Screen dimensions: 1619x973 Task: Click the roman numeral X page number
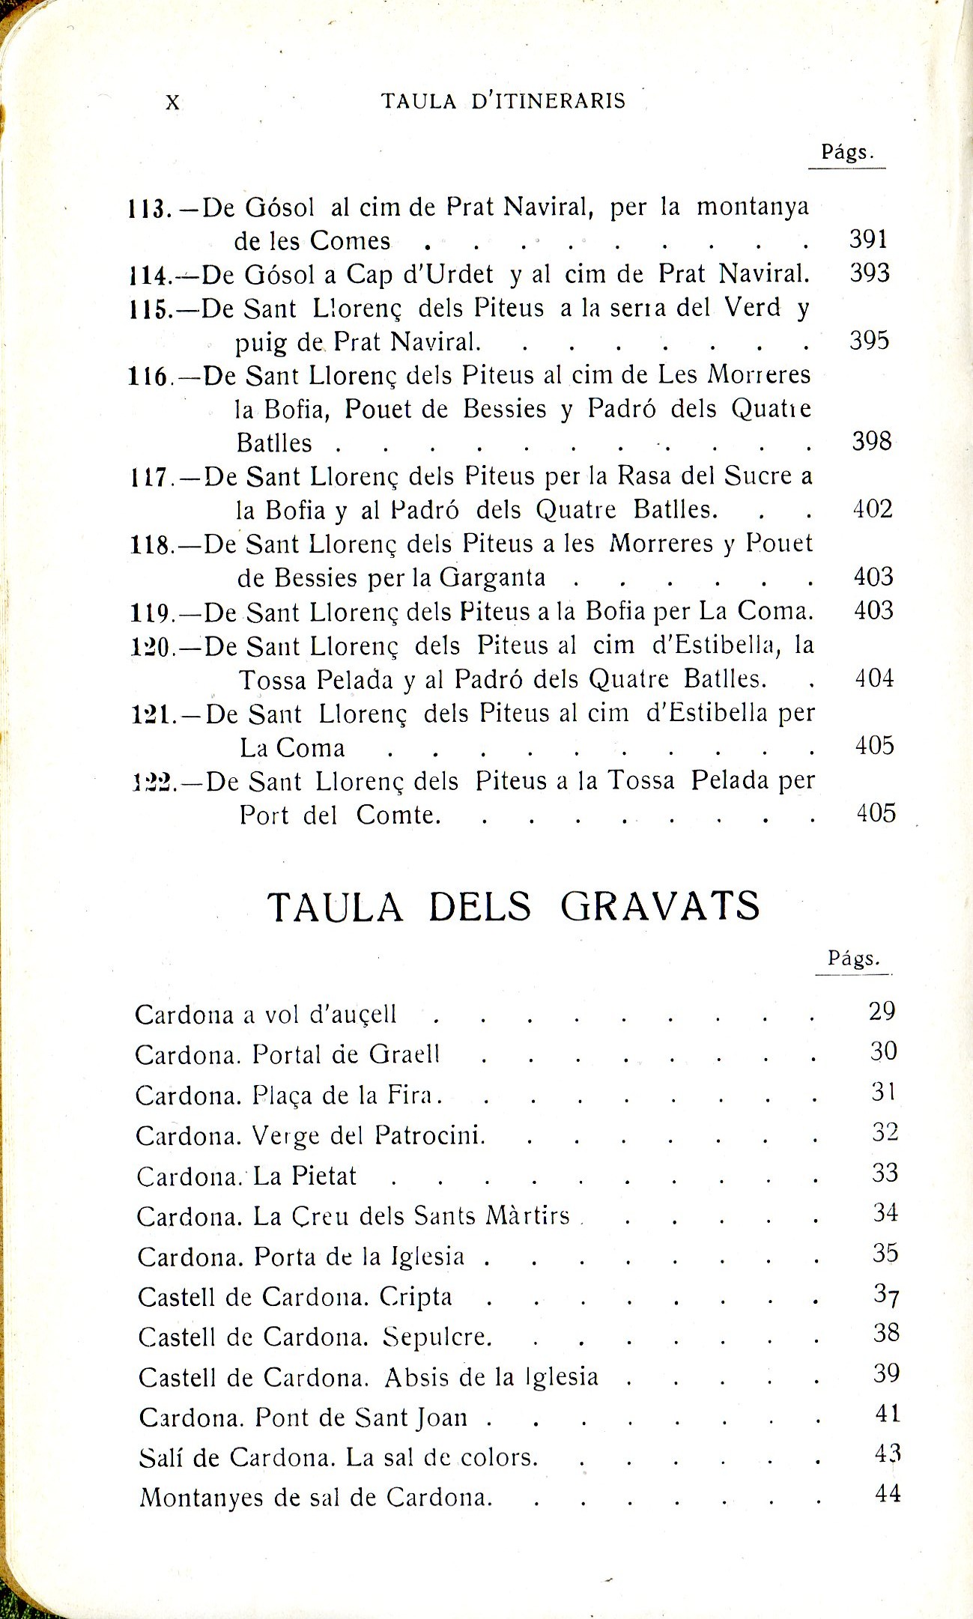[x=172, y=103]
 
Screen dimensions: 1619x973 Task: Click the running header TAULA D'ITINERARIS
[x=503, y=101]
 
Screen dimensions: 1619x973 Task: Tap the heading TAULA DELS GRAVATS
[x=513, y=907]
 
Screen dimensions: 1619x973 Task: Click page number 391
[x=869, y=240]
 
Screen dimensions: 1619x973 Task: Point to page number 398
[x=872, y=442]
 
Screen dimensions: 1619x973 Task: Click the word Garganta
[x=492, y=578]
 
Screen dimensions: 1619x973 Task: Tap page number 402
[x=873, y=510]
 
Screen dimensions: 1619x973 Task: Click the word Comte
[x=397, y=815]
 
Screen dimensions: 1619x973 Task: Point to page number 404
[x=874, y=678]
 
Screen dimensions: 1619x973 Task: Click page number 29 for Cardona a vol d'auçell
[x=882, y=1011]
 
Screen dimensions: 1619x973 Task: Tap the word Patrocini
[x=429, y=1136]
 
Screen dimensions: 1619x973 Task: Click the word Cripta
[x=416, y=1297]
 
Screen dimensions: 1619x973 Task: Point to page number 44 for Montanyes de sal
[x=888, y=1493]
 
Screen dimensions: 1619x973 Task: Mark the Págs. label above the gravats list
[x=853, y=959]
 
